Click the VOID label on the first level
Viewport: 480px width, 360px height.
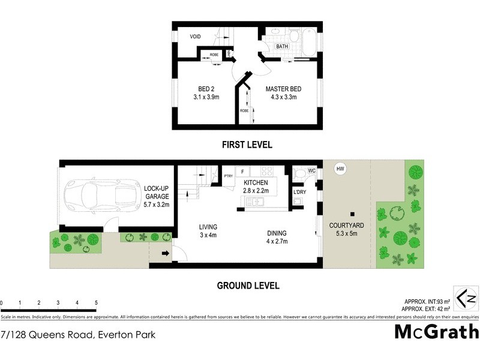point(195,37)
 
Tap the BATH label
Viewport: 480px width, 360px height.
point(282,46)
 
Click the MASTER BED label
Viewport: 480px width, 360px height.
point(283,89)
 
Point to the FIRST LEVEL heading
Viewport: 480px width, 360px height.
point(247,145)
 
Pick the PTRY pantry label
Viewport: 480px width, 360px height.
point(228,176)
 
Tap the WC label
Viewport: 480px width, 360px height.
point(311,171)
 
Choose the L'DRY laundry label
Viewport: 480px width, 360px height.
point(299,192)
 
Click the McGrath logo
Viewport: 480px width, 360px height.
point(436,331)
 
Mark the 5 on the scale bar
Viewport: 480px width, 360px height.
point(95,303)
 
